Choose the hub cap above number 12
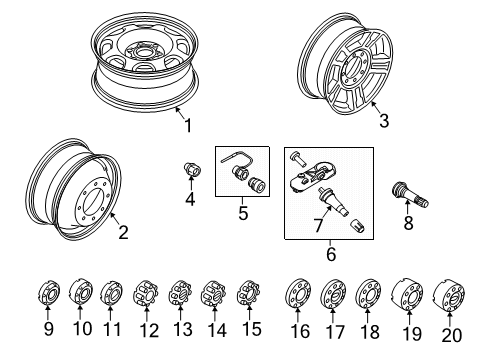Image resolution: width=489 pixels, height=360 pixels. [x=148, y=295]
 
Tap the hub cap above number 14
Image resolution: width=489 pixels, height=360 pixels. [x=214, y=295]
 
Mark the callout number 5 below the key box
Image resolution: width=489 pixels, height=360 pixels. [x=240, y=213]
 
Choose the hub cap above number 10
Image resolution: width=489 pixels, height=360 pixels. [x=81, y=295]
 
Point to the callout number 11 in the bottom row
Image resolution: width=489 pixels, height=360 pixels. [x=113, y=329]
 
